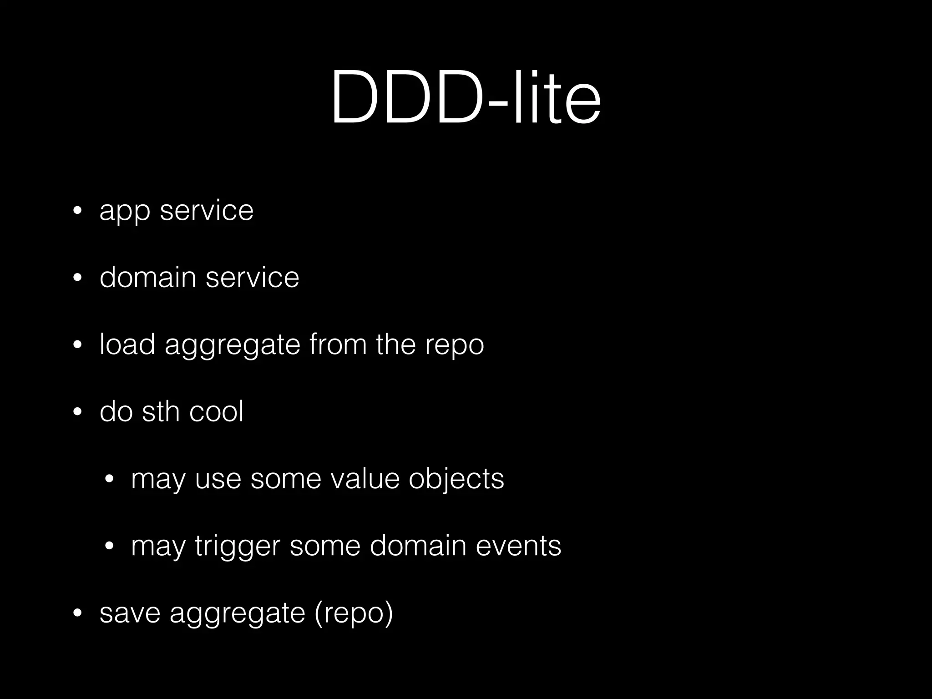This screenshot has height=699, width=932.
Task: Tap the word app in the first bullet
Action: click(125, 212)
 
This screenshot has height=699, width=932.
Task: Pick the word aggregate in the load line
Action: click(233, 346)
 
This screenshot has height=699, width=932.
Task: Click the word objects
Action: click(456, 480)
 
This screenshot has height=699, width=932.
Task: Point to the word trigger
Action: click(237, 547)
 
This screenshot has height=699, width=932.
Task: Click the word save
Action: click(130, 613)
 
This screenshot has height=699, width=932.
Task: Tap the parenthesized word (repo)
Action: click(354, 614)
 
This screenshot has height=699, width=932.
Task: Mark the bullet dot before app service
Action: click(77, 211)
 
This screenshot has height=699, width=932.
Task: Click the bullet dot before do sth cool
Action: click(77, 412)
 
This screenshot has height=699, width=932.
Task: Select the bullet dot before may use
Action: click(109, 479)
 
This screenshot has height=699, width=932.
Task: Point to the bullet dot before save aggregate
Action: click(77, 613)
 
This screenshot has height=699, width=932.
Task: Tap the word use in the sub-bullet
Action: click(218, 480)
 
